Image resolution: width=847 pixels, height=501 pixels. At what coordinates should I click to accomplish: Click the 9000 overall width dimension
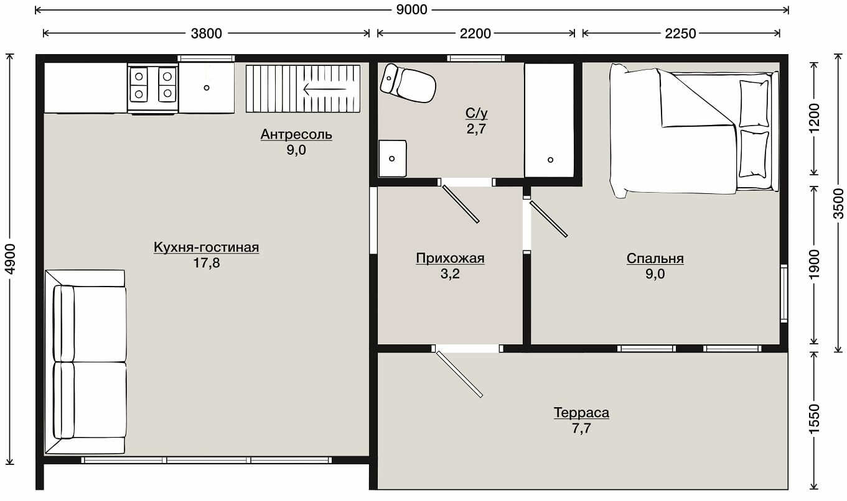click(412, 10)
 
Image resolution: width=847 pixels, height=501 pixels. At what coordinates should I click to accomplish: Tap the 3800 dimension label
click(206, 34)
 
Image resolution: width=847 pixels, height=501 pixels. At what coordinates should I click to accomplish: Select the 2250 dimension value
click(680, 34)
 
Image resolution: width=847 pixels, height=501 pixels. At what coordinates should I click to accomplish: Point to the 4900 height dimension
click(10, 259)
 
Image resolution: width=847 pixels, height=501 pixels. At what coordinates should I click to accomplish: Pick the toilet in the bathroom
click(408, 83)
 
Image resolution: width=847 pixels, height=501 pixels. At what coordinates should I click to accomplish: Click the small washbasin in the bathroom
click(393, 159)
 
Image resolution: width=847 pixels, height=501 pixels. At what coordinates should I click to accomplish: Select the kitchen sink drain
click(207, 88)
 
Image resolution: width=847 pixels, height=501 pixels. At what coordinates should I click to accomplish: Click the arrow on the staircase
click(325, 90)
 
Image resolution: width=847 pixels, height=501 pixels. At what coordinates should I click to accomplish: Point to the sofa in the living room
click(85, 362)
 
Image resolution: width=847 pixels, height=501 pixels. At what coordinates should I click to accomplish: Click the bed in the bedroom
click(695, 131)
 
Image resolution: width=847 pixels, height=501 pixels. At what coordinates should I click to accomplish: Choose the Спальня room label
click(655, 259)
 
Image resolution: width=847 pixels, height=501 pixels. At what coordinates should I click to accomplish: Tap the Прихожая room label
click(450, 259)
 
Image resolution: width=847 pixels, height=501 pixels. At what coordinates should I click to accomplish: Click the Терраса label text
click(581, 413)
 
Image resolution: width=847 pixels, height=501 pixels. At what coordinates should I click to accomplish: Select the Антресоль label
click(296, 135)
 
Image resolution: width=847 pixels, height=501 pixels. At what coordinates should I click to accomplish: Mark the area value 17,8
click(207, 263)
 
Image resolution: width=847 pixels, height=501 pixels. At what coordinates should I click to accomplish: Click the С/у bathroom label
click(477, 113)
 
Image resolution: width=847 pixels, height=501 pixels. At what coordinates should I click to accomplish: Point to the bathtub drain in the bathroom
click(551, 160)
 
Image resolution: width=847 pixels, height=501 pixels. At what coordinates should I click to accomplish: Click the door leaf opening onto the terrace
click(459, 374)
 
